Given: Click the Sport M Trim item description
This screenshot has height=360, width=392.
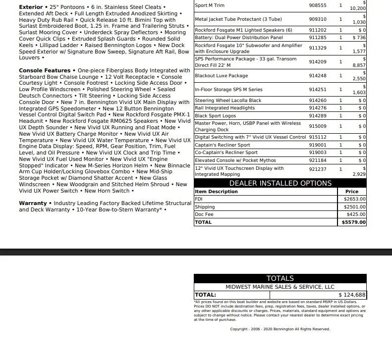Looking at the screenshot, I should tap(210, 5).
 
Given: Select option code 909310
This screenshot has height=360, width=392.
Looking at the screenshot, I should tap(318, 19).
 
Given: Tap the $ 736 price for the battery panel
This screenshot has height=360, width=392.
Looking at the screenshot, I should tap(359, 38).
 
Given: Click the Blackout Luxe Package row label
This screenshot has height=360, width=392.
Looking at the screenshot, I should tap(221, 76).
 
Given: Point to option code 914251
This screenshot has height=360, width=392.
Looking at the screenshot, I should tap(318, 90).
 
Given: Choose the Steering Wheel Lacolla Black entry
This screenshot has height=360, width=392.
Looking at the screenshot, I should tap(228, 101).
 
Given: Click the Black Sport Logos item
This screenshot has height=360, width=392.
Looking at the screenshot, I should tap(215, 116).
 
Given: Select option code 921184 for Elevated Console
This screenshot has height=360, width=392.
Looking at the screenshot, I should tap(318, 160).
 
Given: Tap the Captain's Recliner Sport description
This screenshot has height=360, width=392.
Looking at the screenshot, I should tap(223, 146).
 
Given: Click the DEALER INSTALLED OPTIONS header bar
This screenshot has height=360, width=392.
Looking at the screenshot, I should tap(280, 183).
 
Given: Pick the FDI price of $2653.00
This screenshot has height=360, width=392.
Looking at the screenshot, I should tap(354, 199).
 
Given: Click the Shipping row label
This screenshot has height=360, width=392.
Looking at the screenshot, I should tap(205, 207).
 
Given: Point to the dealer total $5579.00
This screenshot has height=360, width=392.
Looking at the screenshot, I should tap(354, 222).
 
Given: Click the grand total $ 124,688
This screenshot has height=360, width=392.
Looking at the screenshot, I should tap(352, 295).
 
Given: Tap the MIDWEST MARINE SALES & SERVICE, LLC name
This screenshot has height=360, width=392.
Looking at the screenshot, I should tap(280, 287).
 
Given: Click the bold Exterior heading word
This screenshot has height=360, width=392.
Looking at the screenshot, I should tap(31, 7).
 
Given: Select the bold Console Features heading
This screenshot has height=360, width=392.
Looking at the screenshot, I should tap(45, 70).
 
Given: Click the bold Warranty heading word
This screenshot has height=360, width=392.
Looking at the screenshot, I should tap(33, 203).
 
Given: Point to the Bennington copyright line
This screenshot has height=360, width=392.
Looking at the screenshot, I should tap(280, 329).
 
